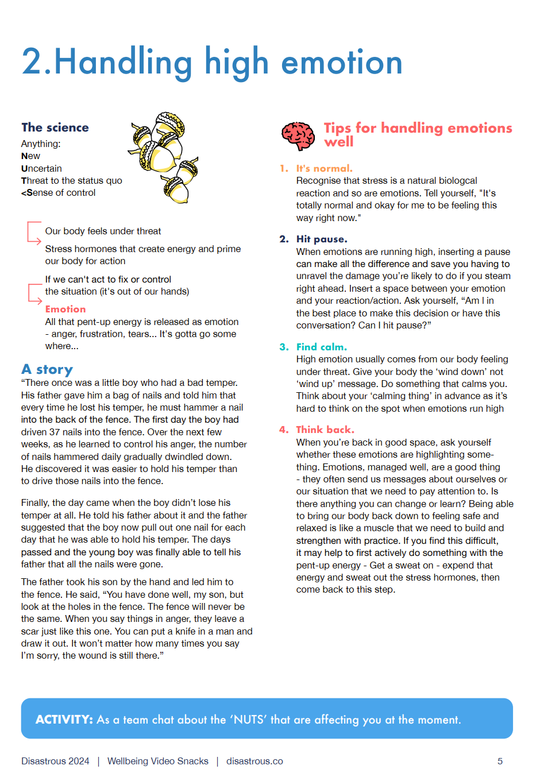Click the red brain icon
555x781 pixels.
click(298, 136)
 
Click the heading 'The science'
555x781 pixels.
click(55, 127)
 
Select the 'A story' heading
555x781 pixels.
click(47, 369)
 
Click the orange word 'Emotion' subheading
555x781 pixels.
click(65, 309)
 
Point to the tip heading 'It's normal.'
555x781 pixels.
click(324, 168)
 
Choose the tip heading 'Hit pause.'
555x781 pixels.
click(322, 239)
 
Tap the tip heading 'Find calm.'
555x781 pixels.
click(321, 347)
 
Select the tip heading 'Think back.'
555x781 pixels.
click(325, 430)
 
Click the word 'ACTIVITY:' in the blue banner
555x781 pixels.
click(64, 720)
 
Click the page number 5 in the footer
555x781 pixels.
click(500, 761)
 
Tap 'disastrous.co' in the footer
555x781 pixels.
click(255, 761)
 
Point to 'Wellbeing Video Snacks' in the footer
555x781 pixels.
click(158, 761)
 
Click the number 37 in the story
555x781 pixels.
click(55, 432)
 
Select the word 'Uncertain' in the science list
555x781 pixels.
click(41, 168)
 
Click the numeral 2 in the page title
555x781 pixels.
click(32, 62)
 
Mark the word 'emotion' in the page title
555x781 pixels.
click(342, 62)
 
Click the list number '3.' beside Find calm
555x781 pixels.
click(284, 347)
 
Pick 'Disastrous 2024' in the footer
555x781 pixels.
click(55, 761)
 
